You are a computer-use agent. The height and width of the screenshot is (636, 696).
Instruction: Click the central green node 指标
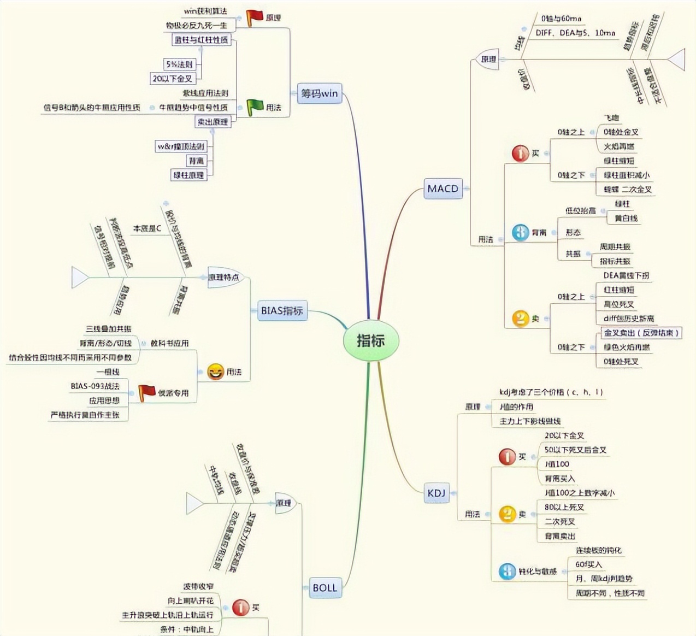(371, 340)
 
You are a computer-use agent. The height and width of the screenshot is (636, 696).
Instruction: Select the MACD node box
(443, 189)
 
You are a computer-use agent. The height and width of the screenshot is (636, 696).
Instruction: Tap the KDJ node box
(437, 493)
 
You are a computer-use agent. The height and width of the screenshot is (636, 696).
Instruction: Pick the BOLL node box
(325, 588)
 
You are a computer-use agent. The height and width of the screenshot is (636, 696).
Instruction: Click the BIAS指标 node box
(281, 310)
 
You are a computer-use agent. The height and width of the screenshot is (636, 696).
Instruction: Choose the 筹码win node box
(320, 93)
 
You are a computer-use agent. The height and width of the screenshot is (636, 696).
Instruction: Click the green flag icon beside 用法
(255, 107)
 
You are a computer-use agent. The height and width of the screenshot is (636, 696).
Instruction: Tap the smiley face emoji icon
(215, 372)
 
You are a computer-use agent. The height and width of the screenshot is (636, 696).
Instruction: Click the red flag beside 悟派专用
(146, 392)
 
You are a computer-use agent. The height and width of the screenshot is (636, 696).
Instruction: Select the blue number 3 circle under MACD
(520, 232)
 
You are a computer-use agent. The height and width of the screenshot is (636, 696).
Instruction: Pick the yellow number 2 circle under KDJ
(507, 514)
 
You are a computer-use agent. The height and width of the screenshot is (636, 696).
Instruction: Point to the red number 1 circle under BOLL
(240, 607)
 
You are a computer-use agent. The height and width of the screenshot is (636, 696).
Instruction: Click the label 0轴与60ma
(562, 19)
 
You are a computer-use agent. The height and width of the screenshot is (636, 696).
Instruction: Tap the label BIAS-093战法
(95, 386)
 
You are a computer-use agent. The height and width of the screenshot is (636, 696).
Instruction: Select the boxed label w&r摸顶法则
(181, 146)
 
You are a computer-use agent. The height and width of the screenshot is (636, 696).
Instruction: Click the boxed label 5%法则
(180, 64)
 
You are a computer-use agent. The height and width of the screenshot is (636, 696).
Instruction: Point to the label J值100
(557, 464)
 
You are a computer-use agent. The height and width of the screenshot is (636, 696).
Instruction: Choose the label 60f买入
(588, 564)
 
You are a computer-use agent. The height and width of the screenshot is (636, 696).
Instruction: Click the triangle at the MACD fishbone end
(676, 59)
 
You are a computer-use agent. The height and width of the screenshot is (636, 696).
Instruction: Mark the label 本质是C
(148, 228)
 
